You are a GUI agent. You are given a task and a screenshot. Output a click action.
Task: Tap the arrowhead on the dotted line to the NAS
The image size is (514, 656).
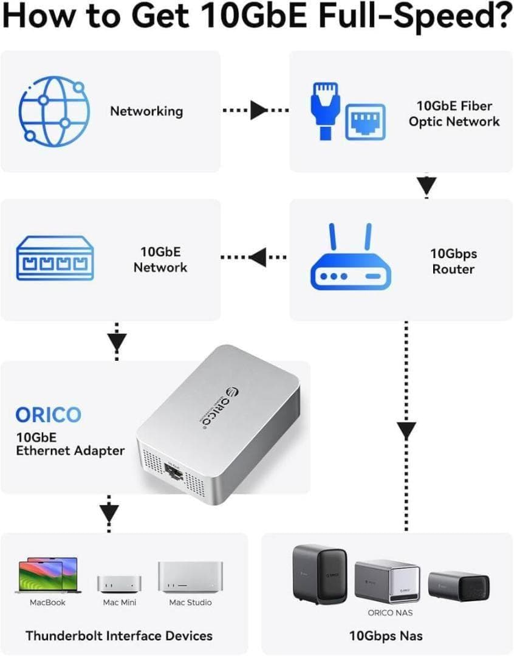click(x=406, y=431)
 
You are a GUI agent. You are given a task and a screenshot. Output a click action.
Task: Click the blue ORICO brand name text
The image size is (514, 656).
click(x=48, y=415)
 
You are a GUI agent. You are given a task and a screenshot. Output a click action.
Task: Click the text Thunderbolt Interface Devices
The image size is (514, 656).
click(x=119, y=636)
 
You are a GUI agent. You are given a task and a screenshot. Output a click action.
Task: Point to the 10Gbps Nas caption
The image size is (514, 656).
click(x=386, y=636)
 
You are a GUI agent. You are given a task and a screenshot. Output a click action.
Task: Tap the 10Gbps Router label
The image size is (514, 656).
click(x=453, y=261)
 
